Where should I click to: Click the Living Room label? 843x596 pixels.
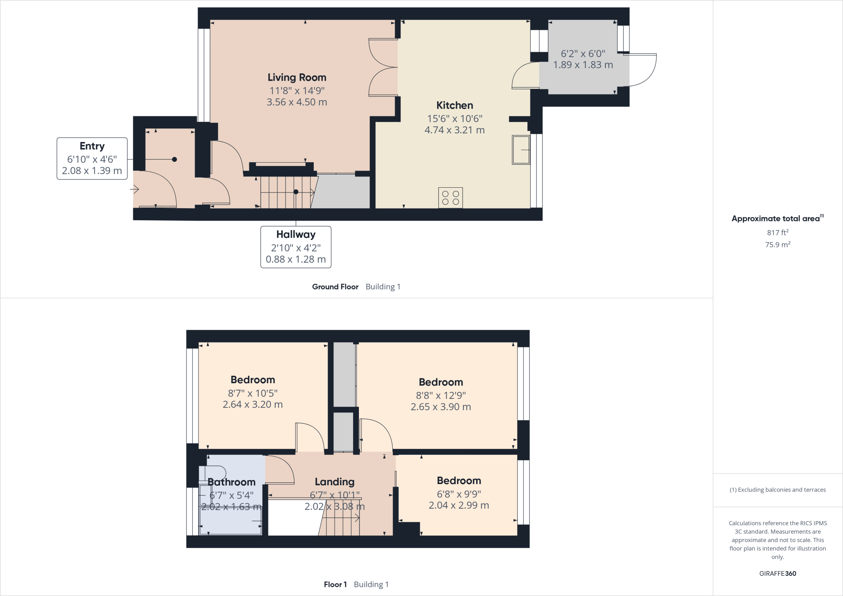click(x=297, y=77)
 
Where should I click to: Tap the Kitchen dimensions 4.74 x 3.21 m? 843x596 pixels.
click(x=454, y=130)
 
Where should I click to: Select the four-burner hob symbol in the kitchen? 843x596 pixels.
click(x=450, y=198)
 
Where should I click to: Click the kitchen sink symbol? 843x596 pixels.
click(x=521, y=150)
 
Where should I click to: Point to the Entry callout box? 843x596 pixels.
click(x=92, y=158)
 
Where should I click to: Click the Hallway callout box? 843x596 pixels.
click(x=296, y=247)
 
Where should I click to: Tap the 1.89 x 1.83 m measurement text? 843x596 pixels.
click(x=583, y=65)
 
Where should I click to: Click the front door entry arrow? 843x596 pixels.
click(x=135, y=189)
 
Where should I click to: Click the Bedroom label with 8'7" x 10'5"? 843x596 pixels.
click(x=253, y=380)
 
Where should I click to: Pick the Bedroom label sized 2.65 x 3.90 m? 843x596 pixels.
click(x=441, y=382)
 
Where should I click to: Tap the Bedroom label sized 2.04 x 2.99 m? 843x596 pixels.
click(x=459, y=481)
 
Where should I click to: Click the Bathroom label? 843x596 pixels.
click(x=231, y=482)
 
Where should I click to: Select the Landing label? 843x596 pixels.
click(x=334, y=482)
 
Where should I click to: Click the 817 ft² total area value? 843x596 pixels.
click(x=778, y=233)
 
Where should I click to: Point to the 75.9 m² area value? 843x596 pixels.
click(x=778, y=245)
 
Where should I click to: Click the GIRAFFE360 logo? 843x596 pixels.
click(x=778, y=573)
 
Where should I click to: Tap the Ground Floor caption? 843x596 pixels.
click(x=335, y=287)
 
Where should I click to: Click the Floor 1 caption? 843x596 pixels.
click(x=335, y=584)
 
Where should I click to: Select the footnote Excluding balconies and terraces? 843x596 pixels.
click(x=778, y=490)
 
